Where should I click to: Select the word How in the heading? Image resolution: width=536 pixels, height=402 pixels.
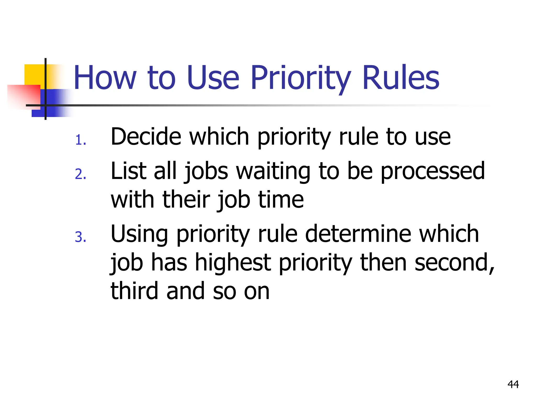[105, 78]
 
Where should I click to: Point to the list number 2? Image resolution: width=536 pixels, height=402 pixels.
[80, 174]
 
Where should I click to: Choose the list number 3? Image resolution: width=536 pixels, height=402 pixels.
[80, 237]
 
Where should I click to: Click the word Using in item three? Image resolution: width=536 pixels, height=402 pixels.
[139, 234]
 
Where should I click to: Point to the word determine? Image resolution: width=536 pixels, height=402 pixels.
[358, 234]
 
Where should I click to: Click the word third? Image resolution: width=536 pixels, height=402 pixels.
[134, 291]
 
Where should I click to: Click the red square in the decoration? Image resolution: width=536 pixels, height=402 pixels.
[24, 96]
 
